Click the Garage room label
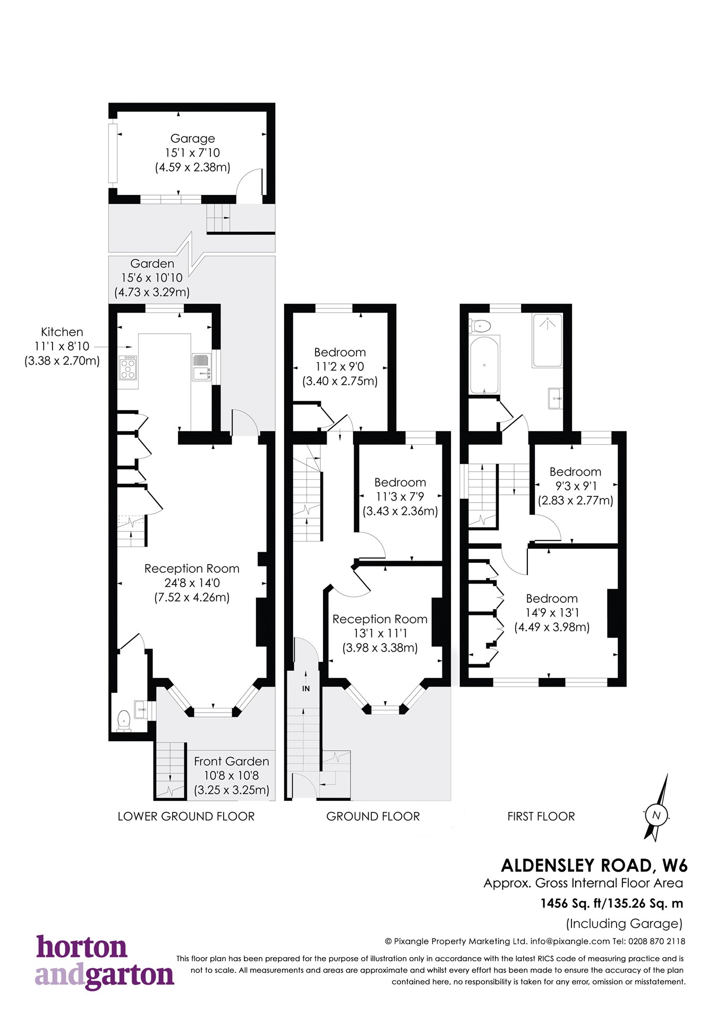(x=192, y=139)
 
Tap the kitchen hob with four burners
(x=128, y=367)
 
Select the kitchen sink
(x=201, y=367)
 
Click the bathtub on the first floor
(x=484, y=365)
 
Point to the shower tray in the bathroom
(x=547, y=340)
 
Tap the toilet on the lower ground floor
(x=124, y=721)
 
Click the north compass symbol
(x=656, y=815)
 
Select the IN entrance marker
(x=306, y=688)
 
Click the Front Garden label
(x=231, y=761)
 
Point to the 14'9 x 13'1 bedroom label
(x=552, y=613)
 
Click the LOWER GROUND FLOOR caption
(x=186, y=816)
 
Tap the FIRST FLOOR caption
(x=541, y=816)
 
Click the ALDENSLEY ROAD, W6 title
(x=594, y=866)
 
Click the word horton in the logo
(x=82, y=948)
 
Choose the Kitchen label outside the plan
(x=62, y=332)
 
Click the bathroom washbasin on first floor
(x=555, y=398)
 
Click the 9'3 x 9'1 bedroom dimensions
(x=576, y=486)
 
